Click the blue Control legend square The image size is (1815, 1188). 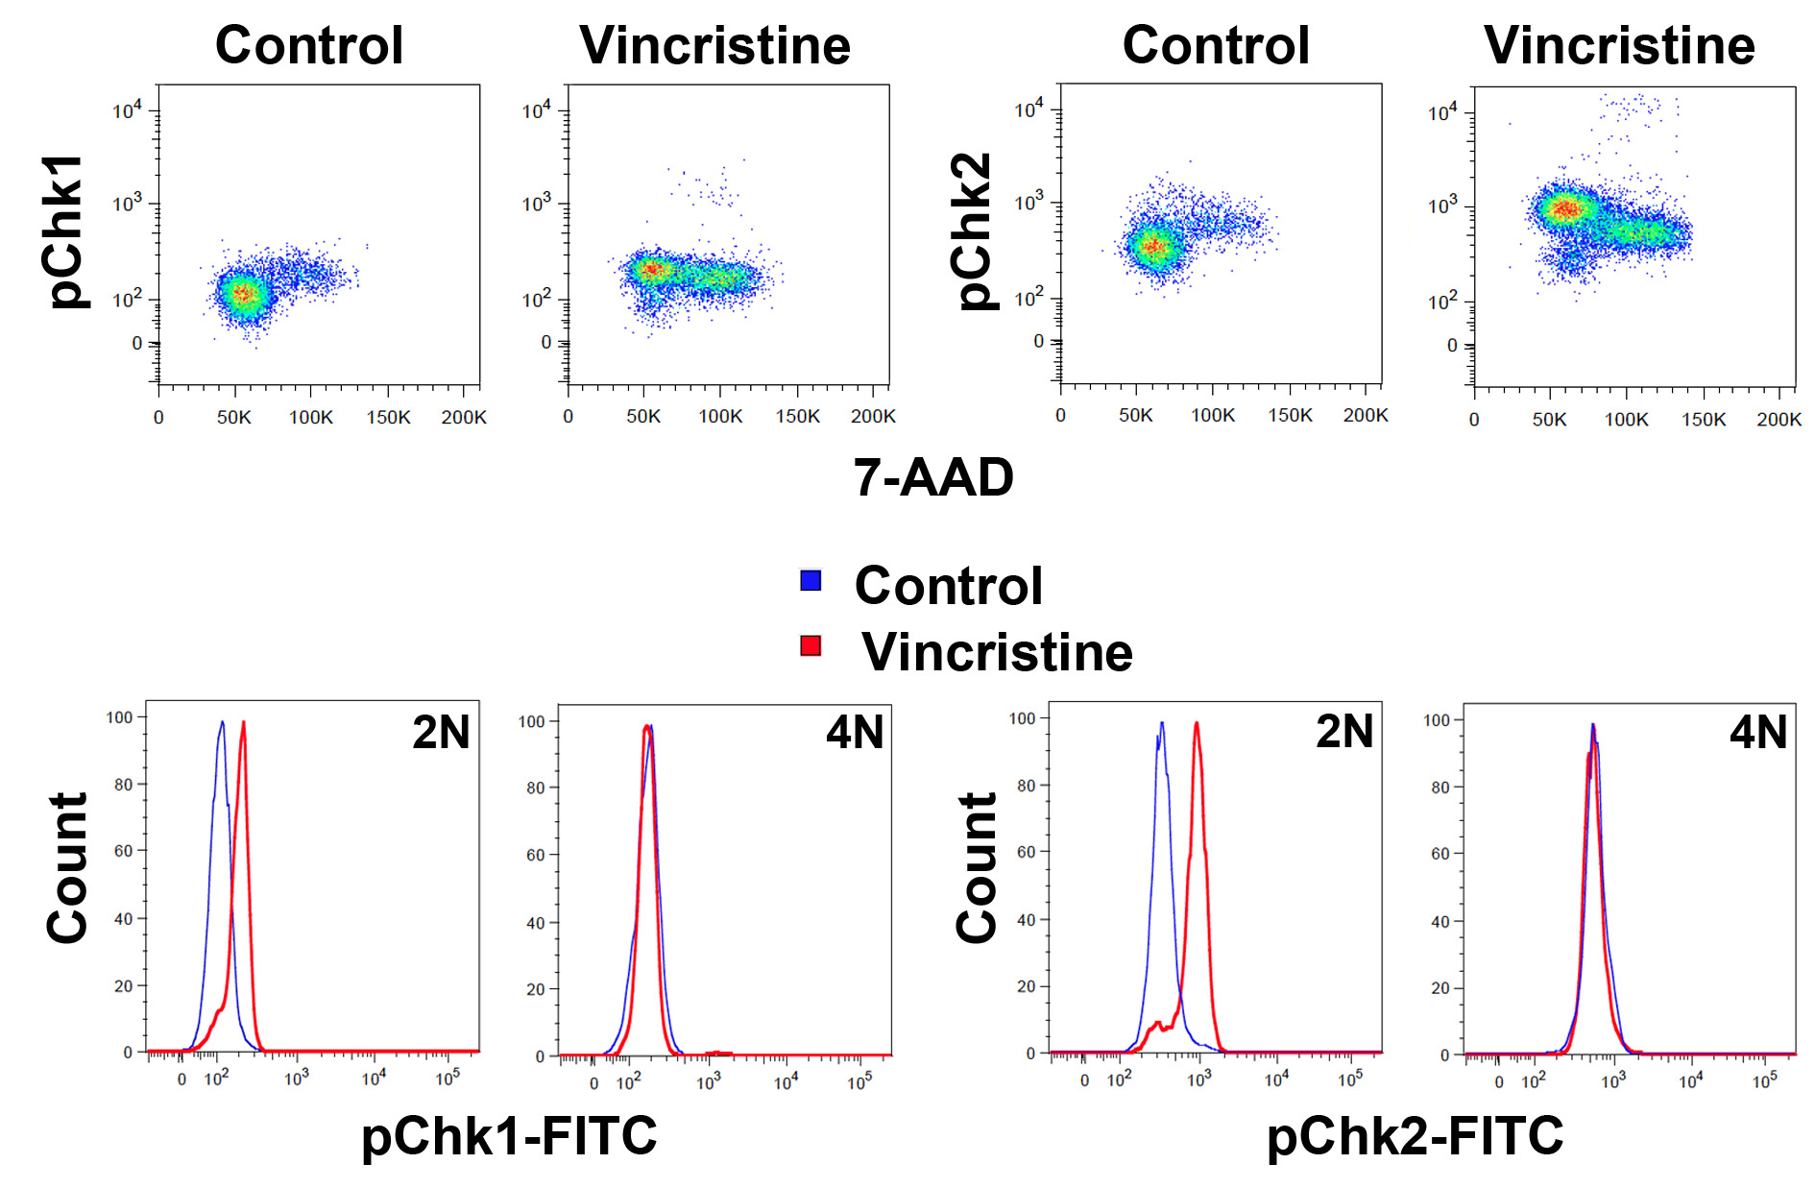pyautogui.click(x=811, y=580)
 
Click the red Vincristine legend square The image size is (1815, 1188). pyautogui.click(x=811, y=645)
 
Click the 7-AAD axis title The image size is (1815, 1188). pyautogui.click(x=933, y=477)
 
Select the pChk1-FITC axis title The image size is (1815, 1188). pyautogui.click(x=509, y=1136)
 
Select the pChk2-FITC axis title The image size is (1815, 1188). pyautogui.click(x=1415, y=1136)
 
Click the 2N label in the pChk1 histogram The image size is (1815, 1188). pyautogui.click(x=441, y=733)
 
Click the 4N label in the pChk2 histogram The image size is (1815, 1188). pyautogui.click(x=1757, y=733)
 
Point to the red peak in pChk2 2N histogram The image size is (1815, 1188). pyautogui.click(x=1197, y=725)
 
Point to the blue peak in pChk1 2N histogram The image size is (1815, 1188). pyautogui.click(x=222, y=723)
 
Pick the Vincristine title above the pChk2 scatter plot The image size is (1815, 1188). pyautogui.click(x=1619, y=45)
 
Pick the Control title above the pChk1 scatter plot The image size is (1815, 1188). pyautogui.click(x=309, y=45)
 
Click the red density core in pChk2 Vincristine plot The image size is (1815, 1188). pyautogui.click(x=1563, y=208)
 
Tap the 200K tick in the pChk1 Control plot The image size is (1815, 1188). pyautogui.click(x=464, y=418)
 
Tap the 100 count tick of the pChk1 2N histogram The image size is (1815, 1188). pyautogui.click(x=120, y=717)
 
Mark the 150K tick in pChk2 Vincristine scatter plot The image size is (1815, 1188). pyautogui.click(x=1703, y=420)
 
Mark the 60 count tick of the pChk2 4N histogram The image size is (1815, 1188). pyautogui.click(x=1440, y=854)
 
